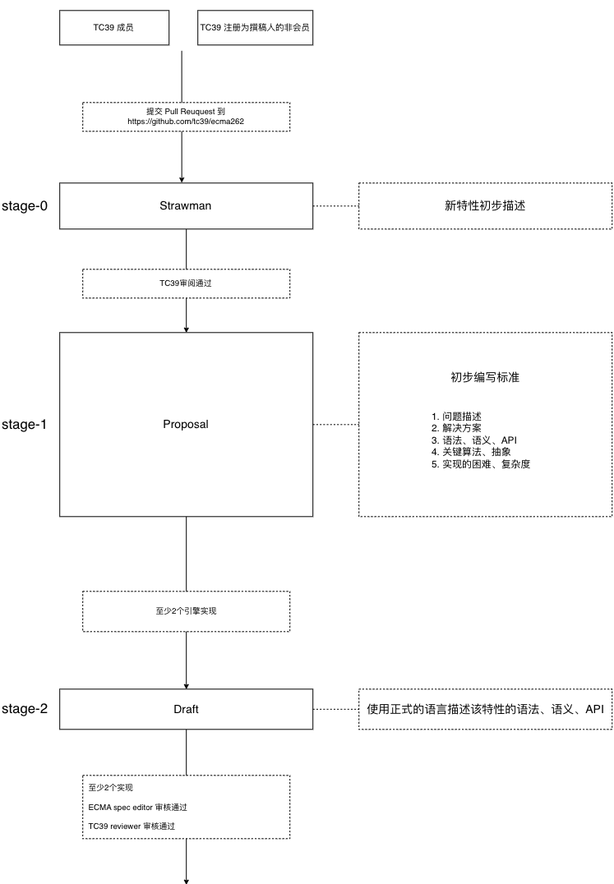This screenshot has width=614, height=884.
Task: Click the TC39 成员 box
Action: coord(114,27)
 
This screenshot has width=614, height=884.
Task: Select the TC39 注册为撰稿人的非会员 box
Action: coord(255,27)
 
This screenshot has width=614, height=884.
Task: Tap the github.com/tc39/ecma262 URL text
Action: coord(186,122)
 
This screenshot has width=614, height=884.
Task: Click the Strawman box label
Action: coord(186,205)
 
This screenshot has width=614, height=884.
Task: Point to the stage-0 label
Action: coord(24,205)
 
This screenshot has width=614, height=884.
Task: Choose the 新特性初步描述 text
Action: coord(485,205)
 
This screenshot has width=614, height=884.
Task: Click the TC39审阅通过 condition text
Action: coord(186,283)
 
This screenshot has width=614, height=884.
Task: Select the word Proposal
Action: coord(186,424)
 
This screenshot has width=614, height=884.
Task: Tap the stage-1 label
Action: coord(24,425)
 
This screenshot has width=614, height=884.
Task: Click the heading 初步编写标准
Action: coord(485,377)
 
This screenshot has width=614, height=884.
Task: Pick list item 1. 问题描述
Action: coord(457,417)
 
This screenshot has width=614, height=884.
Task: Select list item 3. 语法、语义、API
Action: coord(474,440)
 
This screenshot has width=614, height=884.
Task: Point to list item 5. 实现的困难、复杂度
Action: coord(481,464)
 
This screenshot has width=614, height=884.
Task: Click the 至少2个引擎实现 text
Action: coord(186,610)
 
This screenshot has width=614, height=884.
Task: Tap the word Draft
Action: coord(186,709)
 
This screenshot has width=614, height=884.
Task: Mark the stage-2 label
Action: coord(24,709)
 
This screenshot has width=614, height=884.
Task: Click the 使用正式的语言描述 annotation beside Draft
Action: coord(485,709)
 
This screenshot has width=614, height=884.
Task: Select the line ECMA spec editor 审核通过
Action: coord(137,808)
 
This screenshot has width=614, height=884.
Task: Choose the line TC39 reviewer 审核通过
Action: coord(132,826)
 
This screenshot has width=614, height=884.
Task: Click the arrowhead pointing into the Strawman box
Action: coord(182,180)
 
